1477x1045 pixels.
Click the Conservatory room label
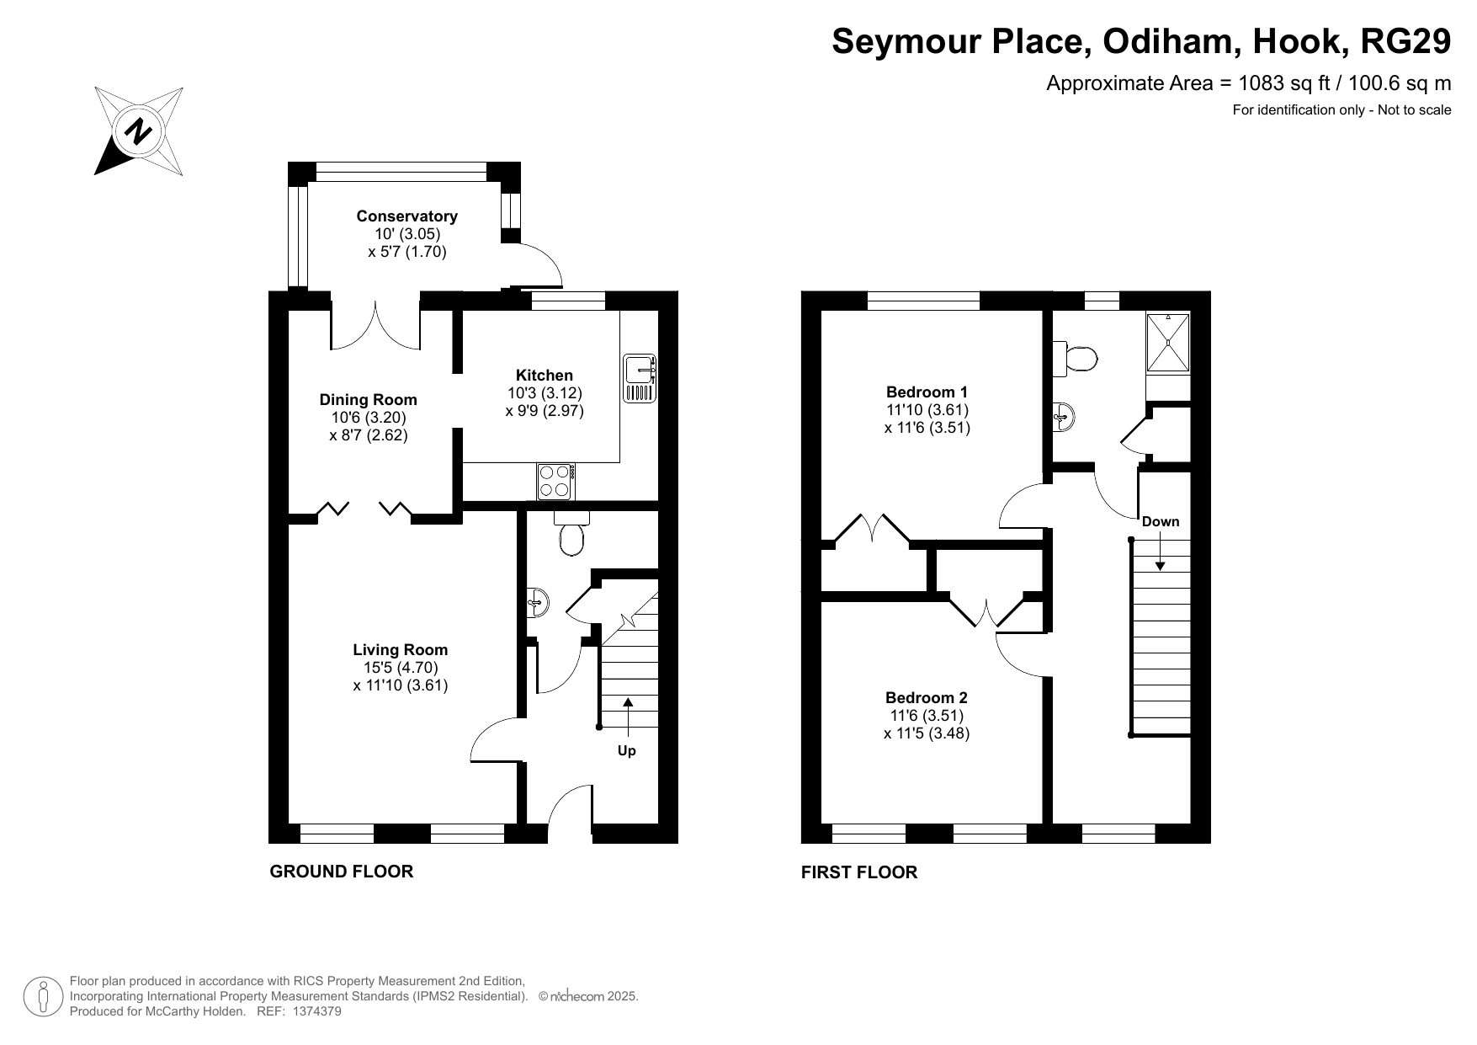(406, 216)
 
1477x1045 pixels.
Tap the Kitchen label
(544, 376)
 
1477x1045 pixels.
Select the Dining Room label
(368, 400)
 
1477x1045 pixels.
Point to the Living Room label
(400, 650)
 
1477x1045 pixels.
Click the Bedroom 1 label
(927, 392)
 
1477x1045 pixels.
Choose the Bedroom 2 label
(926, 698)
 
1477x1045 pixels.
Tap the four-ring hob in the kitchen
(555, 482)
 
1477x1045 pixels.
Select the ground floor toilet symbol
(571, 534)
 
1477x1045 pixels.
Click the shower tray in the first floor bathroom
(1168, 343)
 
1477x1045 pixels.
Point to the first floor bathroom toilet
(1075, 360)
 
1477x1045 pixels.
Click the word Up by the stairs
(627, 750)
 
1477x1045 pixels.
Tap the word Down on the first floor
(1161, 521)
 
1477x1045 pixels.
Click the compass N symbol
(139, 131)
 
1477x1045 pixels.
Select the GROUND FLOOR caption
(342, 872)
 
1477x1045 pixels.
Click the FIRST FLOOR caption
(859, 872)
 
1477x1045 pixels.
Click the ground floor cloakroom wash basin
(538, 601)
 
